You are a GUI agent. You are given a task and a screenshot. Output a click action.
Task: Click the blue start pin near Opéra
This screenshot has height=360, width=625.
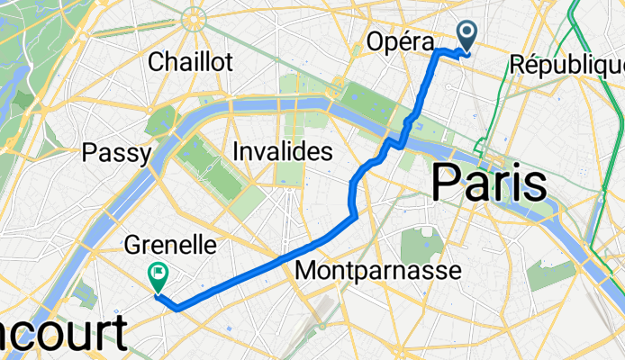coord(469,36)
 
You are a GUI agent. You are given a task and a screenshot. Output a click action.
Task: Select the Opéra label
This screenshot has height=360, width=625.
coord(401,41)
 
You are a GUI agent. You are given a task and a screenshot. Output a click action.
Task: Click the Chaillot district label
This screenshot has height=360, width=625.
coord(190,61)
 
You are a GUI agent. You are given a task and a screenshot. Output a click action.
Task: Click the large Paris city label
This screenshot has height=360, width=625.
coord(490,184)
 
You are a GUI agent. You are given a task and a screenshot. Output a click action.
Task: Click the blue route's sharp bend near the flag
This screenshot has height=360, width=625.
coord(177,308)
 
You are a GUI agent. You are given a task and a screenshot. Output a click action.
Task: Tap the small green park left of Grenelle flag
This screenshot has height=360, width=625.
coord(87,292)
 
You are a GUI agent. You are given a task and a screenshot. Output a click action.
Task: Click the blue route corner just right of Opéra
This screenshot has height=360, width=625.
coord(440,53)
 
